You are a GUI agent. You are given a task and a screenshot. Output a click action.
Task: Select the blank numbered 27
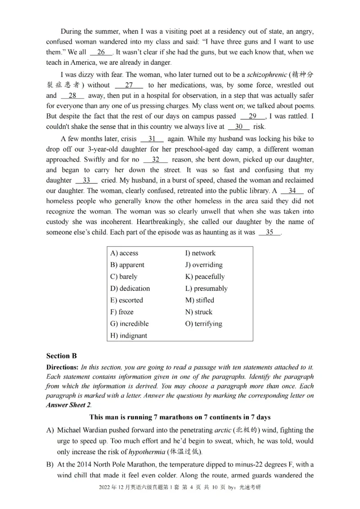click(x=129, y=85)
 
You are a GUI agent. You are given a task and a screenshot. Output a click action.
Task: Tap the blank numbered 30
click(x=238, y=127)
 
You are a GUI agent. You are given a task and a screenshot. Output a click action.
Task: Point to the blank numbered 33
click(x=86, y=180)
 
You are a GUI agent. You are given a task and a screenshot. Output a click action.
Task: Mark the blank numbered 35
click(x=270, y=232)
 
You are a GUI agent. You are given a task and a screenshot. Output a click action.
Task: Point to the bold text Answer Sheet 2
click(x=68, y=404)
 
